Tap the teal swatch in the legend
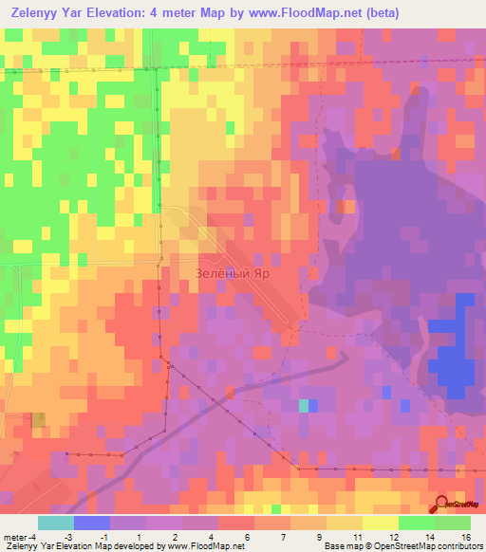[x=56, y=522]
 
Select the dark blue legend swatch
[x=92, y=522]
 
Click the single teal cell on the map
[x=304, y=406]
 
